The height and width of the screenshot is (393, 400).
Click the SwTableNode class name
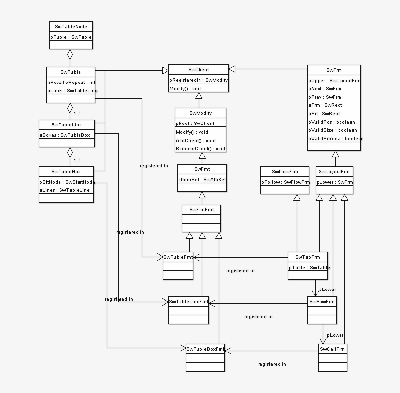pyautogui.click(x=71, y=26)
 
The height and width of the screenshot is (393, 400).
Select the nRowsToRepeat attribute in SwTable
pyautogui.click(x=71, y=82)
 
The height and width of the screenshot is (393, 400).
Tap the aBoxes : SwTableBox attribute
pyautogui.click(x=65, y=135)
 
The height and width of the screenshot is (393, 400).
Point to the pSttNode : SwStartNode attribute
pyautogui.click(x=66, y=182)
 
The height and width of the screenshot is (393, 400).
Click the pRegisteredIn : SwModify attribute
pyautogui.click(x=199, y=80)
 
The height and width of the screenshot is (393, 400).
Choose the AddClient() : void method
pyautogui.click(x=195, y=140)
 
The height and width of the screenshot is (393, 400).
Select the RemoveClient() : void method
pyautogui.click(x=200, y=148)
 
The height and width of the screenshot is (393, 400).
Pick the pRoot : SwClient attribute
pyautogui.click(x=195, y=124)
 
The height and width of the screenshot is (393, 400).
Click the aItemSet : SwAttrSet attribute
pyautogui.click(x=201, y=179)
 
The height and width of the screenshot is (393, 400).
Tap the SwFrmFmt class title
pyautogui.click(x=201, y=209)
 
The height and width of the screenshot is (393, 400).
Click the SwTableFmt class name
pyautogui.click(x=178, y=256)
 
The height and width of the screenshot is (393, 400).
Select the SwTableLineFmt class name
pyautogui.click(x=188, y=301)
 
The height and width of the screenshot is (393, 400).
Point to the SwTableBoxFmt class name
pyautogui.click(x=205, y=349)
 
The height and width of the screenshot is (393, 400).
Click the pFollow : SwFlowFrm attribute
pyautogui.click(x=285, y=182)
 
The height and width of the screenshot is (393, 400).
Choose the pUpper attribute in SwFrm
pyautogui.click(x=334, y=80)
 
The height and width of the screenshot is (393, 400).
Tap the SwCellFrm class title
pyautogui.click(x=332, y=349)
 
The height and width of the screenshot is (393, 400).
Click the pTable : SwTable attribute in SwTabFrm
pyautogui.click(x=309, y=267)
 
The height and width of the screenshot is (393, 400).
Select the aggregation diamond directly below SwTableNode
pyautogui.click(x=70, y=53)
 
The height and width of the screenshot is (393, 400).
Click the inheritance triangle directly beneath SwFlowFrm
pyautogui.click(x=296, y=197)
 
